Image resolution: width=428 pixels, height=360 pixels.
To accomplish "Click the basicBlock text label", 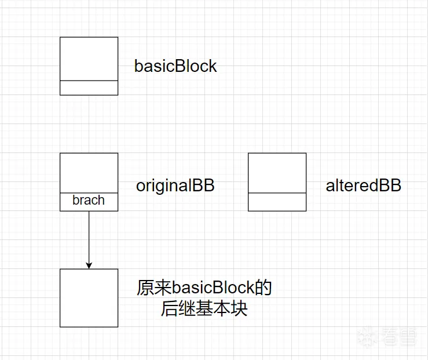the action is (x=175, y=66).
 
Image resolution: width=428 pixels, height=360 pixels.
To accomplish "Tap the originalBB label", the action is (x=175, y=186).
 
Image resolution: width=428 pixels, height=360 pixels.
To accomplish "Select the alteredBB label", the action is (x=363, y=186).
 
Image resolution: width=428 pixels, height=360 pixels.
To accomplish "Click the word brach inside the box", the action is (x=89, y=200).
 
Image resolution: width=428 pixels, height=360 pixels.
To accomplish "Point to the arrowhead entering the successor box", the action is (x=89, y=266).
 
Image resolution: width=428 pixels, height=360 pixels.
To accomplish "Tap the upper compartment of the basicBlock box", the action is (x=89, y=59).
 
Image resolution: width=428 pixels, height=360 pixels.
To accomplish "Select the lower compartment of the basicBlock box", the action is (x=89, y=88).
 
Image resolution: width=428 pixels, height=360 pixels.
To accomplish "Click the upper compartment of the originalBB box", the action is (x=89, y=173).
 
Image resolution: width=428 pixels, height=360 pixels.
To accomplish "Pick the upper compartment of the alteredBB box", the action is (x=277, y=173).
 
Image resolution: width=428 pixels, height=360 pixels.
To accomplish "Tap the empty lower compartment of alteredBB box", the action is (x=277, y=202).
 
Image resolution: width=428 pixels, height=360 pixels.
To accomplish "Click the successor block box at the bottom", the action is (x=89, y=298).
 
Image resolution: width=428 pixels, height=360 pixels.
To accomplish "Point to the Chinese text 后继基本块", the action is (x=204, y=308).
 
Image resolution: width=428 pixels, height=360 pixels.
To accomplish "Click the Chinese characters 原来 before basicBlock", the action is (x=154, y=288).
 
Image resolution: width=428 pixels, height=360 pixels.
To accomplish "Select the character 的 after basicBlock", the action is (x=263, y=288).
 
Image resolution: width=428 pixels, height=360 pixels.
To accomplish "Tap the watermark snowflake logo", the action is (x=367, y=336).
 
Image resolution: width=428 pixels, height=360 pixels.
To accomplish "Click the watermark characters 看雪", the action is (x=399, y=336).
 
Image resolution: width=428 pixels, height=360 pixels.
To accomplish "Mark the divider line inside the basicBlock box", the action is (x=89, y=81).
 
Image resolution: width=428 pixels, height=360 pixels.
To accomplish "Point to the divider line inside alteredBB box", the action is (x=277, y=193).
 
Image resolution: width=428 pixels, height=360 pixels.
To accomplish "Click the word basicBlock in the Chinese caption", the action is (x=213, y=288).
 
